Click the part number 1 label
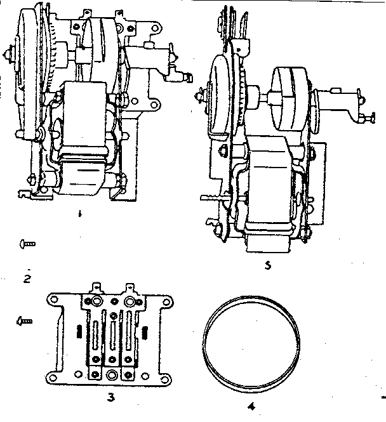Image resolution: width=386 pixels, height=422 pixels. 79,214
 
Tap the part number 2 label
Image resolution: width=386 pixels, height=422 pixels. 27,279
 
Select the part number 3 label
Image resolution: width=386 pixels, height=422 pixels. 111,397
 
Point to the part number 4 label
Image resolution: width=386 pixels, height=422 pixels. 251,406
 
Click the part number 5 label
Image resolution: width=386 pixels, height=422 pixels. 267,266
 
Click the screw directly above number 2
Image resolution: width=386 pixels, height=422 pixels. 27,244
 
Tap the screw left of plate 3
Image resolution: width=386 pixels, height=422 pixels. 25,321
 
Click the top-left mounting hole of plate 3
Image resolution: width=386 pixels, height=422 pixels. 54,300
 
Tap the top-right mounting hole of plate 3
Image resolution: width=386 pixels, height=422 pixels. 166,301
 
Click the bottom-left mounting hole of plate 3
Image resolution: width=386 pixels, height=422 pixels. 52,378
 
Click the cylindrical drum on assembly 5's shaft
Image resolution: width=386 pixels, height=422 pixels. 289,99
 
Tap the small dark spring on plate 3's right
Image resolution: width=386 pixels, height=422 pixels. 145,331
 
